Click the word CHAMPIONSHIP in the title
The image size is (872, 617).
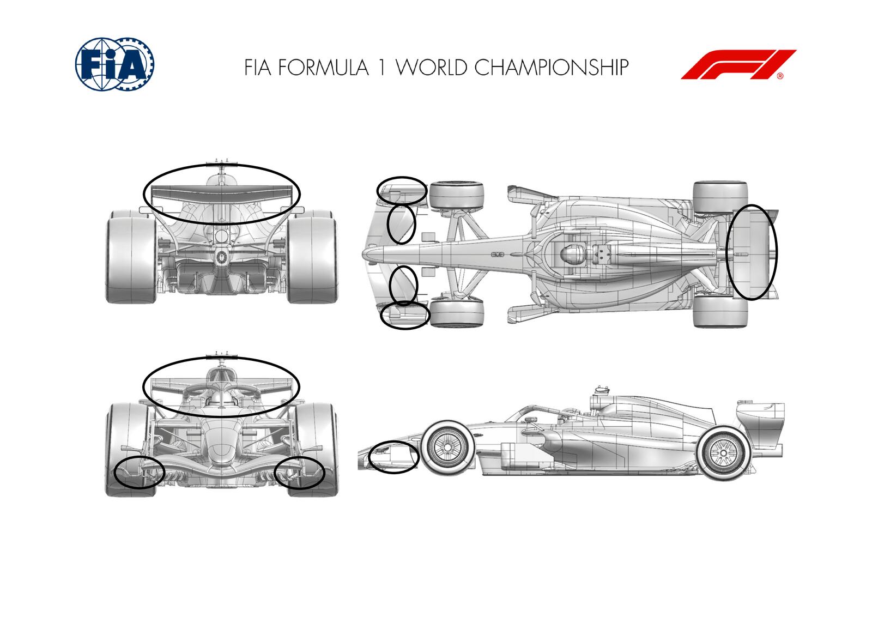tap(551, 67)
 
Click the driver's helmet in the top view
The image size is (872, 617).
tap(570, 253)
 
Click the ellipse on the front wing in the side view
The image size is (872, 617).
tap(394, 457)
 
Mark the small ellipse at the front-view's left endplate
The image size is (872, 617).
tap(140, 473)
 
